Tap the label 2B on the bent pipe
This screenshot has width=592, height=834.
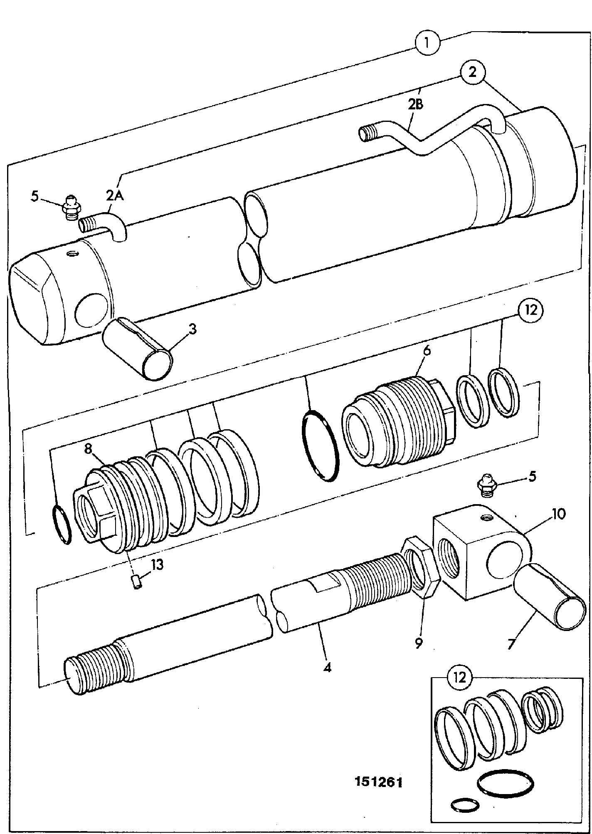pos(415,104)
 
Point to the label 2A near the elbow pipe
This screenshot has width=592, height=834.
pos(115,195)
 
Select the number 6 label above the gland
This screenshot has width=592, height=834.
pos(427,350)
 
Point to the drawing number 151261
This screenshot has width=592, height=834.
pos(378,782)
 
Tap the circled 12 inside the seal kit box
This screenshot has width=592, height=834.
pos(459,680)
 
